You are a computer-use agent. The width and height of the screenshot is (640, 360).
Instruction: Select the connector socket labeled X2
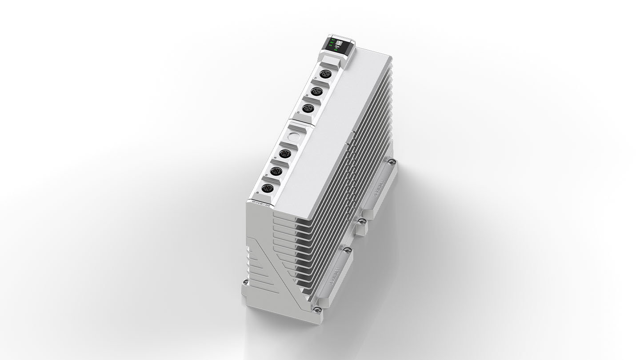[316, 91]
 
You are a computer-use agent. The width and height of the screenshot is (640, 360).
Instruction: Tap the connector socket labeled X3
[308, 108]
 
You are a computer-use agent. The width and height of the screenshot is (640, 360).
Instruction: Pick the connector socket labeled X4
[285, 154]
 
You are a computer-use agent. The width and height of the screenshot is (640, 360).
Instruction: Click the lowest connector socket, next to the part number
[267, 189]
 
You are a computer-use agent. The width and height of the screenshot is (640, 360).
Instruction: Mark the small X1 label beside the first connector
[316, 78]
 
